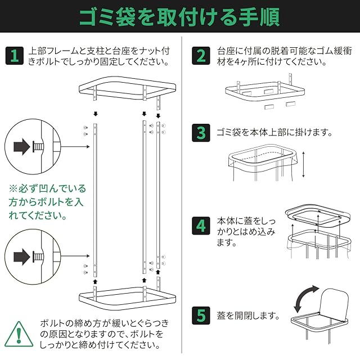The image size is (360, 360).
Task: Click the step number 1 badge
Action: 15,56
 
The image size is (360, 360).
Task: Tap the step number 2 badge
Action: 201,56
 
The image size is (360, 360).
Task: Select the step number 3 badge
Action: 201,133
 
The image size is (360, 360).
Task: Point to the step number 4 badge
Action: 201,226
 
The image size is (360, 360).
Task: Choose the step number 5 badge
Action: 201,316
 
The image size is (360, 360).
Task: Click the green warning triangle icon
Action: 19,334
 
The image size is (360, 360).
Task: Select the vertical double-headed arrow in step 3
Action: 303,164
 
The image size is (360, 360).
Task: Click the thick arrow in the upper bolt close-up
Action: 22,146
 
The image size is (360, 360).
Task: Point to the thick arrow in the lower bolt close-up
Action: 22,256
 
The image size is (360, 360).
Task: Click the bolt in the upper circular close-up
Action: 38,147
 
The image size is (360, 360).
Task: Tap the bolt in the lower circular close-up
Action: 38,256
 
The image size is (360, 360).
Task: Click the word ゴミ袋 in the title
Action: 107,17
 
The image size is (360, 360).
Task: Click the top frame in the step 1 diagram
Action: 128,88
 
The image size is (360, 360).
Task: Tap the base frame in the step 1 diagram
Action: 128,299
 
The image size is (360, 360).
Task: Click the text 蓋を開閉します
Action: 248,316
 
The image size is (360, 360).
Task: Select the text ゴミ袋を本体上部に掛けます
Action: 274,133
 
